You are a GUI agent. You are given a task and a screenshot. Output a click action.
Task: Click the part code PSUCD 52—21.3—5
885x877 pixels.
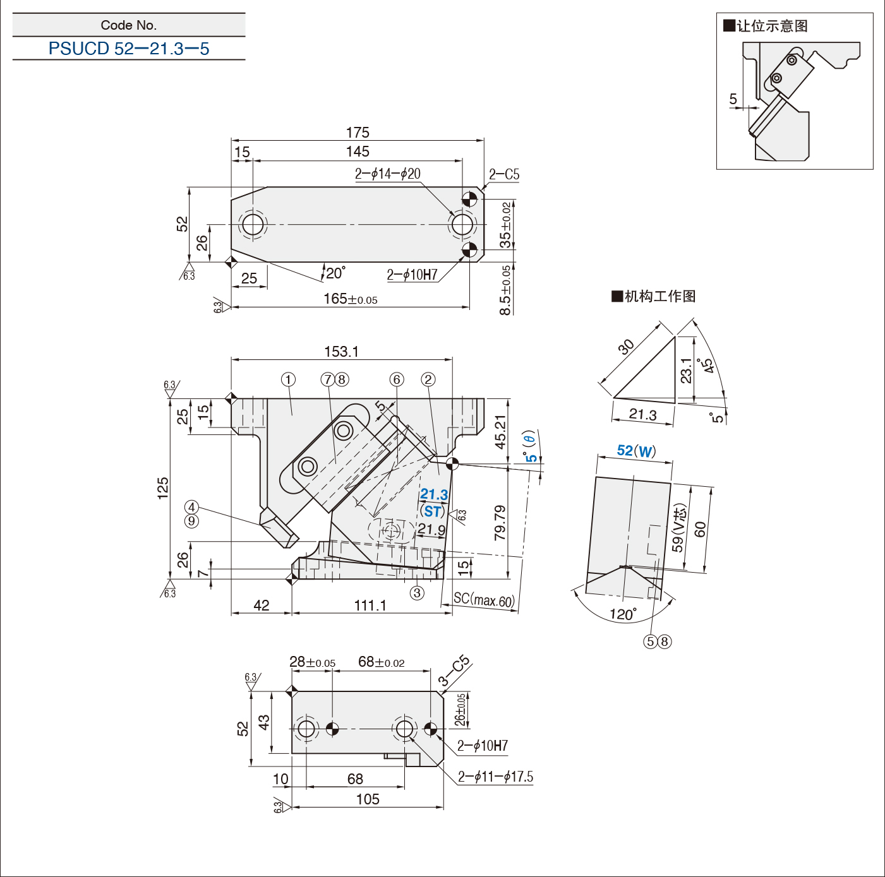click(x=129, y=48)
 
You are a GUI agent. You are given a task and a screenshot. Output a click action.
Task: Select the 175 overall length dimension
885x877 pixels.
click(x=358, y=132)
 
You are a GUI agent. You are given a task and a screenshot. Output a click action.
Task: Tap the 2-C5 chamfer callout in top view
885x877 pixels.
click(x=504, y=174)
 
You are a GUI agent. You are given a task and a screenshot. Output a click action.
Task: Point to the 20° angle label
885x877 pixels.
click(x=335, y=273)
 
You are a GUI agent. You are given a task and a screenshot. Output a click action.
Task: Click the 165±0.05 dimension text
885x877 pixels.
click(x=351, y=299)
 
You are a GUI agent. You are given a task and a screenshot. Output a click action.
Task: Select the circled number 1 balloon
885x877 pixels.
click(x=288, y=379)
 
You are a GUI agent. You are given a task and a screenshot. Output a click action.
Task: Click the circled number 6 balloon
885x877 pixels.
click(x=397, y=379)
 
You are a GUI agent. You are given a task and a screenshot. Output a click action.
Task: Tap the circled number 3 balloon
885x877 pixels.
click(x=416, y=593)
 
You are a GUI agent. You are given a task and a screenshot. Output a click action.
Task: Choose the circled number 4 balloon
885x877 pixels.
click(x=191, y=507)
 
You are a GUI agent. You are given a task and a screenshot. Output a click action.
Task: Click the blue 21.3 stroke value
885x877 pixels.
click(x=433, y=494)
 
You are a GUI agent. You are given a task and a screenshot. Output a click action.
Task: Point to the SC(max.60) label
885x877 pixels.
click(x=484, y=599)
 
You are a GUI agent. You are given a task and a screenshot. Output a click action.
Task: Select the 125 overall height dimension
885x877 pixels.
click(x=163, y=488)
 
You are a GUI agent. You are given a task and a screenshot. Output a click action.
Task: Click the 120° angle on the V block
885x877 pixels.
click(x=623, y=614)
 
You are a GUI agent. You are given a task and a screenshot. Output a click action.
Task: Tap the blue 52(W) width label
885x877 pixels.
click(x=636, y=451)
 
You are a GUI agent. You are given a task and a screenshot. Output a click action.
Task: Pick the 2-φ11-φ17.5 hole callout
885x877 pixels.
click(x=495, y=777)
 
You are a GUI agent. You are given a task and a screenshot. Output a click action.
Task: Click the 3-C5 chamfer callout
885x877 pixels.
click(x=454, y=671)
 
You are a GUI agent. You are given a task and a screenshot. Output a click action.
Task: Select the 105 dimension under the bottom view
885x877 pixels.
click(x=368, y=799)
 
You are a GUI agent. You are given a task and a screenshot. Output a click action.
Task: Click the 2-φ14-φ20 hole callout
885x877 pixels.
click(x=388, y=174)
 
